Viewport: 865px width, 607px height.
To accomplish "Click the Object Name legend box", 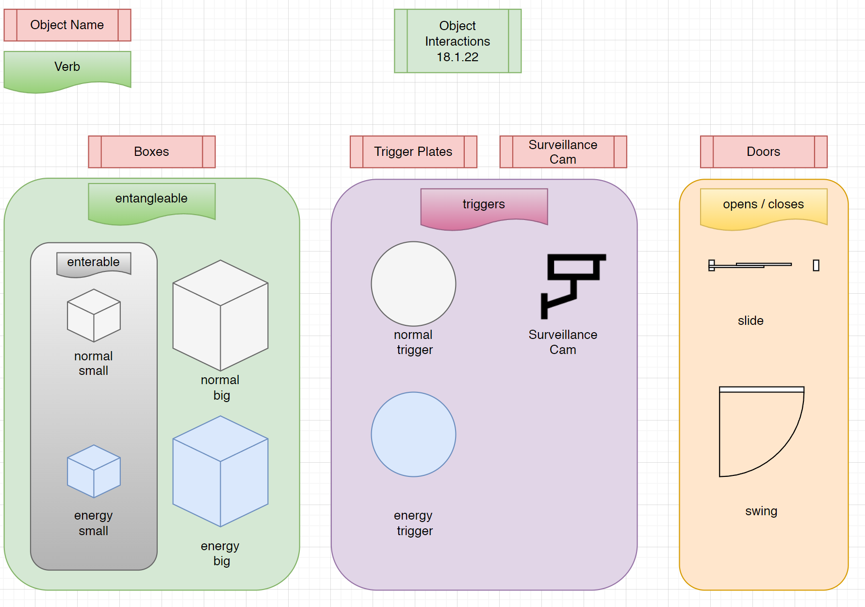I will pyautogui.click(x=67, y=25).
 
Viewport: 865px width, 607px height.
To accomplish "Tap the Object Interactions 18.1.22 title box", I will pyautogui.click(x=457, y=41).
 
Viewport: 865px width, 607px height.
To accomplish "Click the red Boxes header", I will pyautogui.click(x=151, y=152).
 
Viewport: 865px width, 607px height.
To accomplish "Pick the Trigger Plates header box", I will pyautogui.click(x=413, y=152).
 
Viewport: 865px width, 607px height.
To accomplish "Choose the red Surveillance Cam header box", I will pyautogui.click(x=563, y=152).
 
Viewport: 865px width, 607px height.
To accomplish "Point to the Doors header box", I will pyautogui.click(x=764, y=152).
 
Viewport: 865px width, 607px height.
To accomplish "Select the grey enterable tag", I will pyautogui.click(x=94, y=263).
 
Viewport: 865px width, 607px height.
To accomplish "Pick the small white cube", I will pyautogui.click(x=94, y=316).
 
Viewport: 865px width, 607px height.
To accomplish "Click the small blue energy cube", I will pyautogui.click(x=94, y=471).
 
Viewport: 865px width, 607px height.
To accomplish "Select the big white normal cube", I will pyautogui.click(x=220, y=316).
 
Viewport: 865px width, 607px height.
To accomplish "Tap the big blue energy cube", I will pyautogui.click(x=220, y=471).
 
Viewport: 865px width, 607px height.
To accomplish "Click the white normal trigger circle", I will pyautogui.click(x=413, y=284).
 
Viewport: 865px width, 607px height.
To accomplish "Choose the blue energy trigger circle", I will pyautogui.click(x=413, y=434).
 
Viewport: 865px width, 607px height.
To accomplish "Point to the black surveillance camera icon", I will pyautogui.click(x=572, y=284).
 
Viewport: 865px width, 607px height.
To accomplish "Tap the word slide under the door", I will pyautogui.click(x=751, y=320).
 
